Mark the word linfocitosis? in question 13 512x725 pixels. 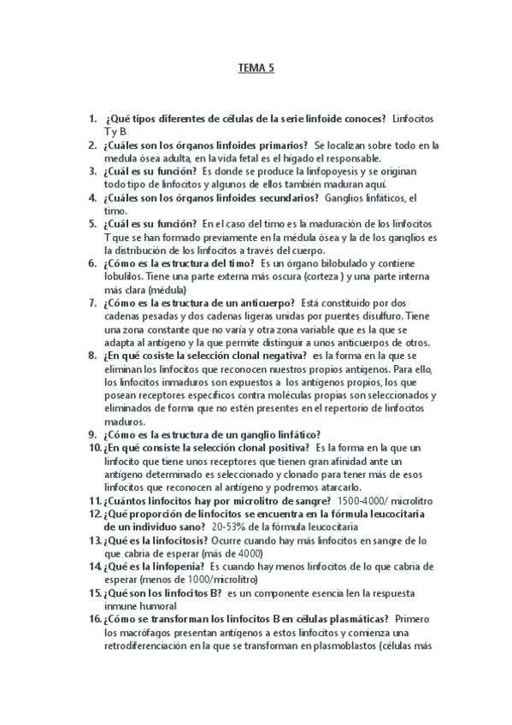pos(174,540)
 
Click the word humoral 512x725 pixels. pos(158,606)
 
